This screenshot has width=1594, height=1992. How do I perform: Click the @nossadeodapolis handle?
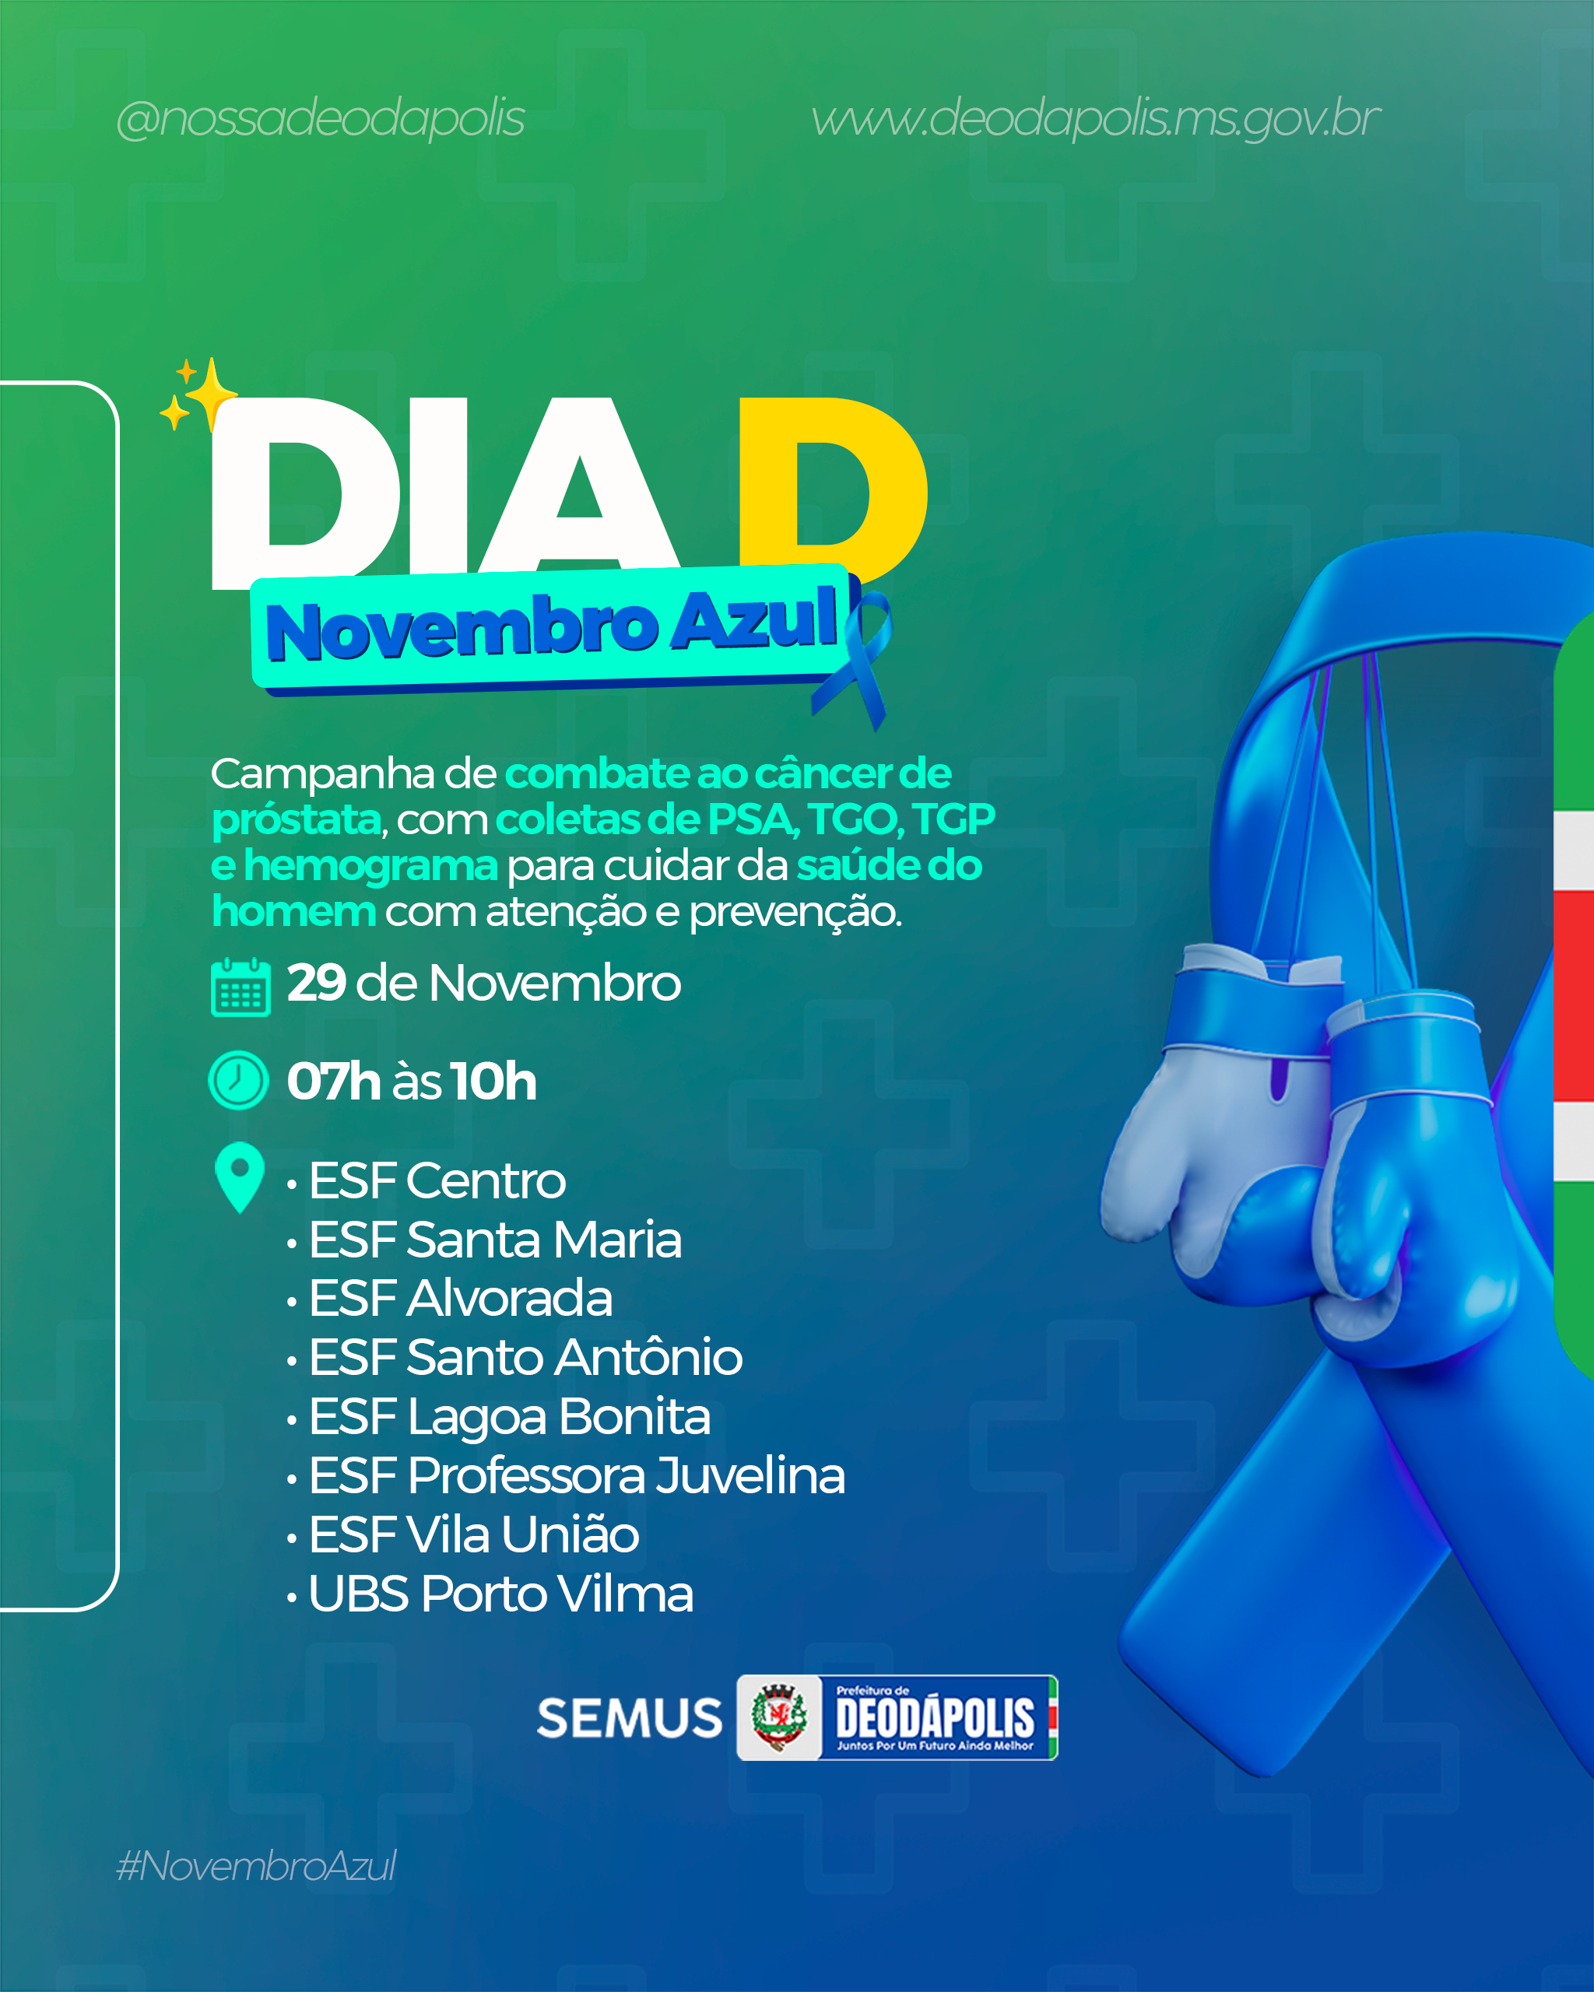(x=321, y=119)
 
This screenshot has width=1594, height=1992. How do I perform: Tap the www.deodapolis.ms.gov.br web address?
(x=1096, y=119)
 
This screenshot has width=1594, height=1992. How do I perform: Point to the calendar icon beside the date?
(x=241, y=987)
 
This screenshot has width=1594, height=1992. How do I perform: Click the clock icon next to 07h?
(x=238, y=1080)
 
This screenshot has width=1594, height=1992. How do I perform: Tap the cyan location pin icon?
(x=239, y=1177)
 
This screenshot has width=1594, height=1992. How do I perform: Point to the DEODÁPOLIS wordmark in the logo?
(x=934, y=1717)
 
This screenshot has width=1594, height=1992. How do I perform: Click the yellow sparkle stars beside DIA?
(x=198, y=395)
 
